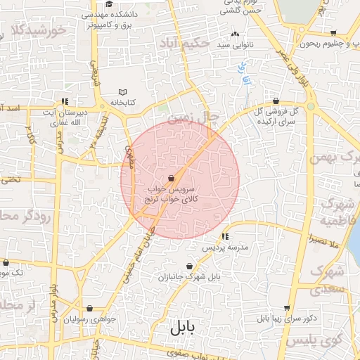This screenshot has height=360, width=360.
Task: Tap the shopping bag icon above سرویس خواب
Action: (x=172, y=179)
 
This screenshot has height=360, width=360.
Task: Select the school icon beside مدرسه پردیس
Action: (x=225, y=236)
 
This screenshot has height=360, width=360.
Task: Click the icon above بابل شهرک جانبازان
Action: (x=189, y=264)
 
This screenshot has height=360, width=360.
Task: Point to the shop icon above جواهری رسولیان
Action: (x=89, y=308)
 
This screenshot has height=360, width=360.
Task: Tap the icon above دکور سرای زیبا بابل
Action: (x=287, y=308)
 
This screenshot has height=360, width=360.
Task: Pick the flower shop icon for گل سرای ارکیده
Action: (x=276, y=101)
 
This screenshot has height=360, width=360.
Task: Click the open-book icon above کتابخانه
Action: (x=123, y=92)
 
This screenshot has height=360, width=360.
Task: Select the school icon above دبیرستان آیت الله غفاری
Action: (x=65, y=101)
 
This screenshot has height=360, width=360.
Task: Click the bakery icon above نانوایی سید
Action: (x=234, y=34)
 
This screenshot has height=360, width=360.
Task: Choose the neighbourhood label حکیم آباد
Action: (x=184, y=44)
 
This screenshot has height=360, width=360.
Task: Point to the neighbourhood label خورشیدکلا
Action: (x=39, y=30)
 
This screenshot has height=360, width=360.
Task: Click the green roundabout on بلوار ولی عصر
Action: (x=310, y=106)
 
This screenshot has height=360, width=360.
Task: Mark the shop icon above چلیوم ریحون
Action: (x=333, y=33)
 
